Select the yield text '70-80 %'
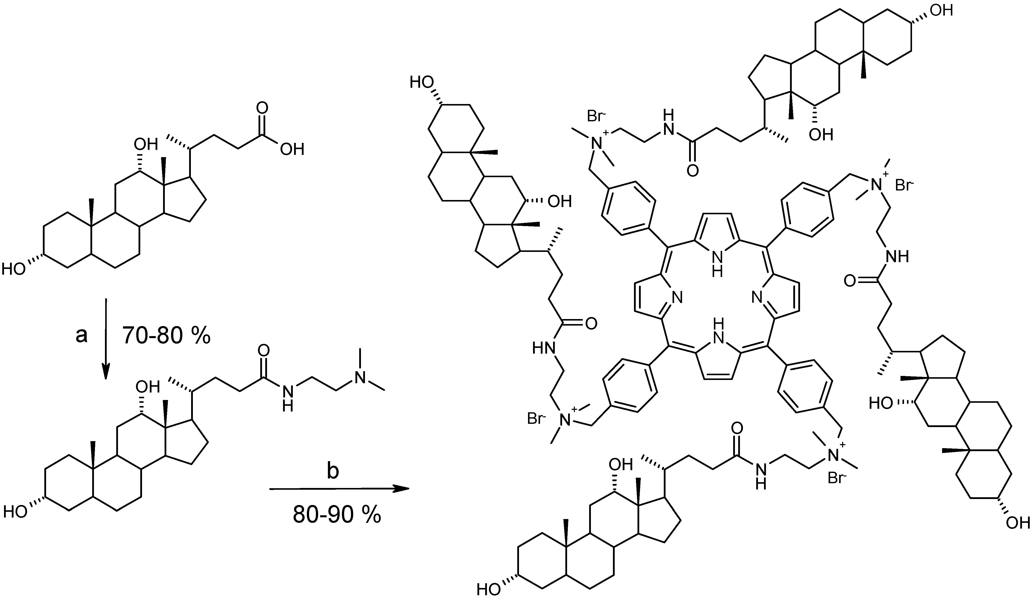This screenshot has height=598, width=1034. pyautogui.click(x=166, y=336)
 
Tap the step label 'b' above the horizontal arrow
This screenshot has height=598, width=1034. pyautogui.click(x=332, y=472)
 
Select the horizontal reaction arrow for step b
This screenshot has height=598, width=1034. pyautogui.click(x=339, y=488)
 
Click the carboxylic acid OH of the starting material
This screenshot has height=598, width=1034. pyautogui.click(x=292, y=149)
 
